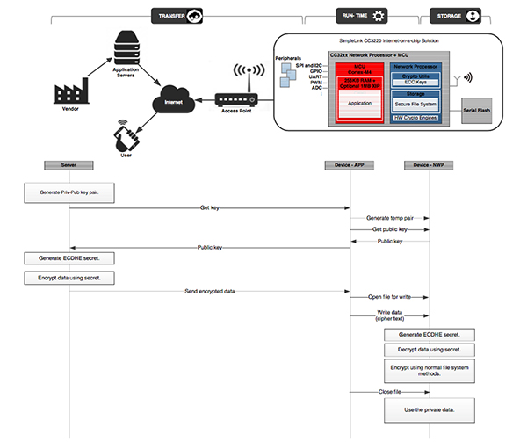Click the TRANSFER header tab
[178, 16]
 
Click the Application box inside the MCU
[358, 103]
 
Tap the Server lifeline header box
[69, 165]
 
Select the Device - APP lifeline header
[350, 165]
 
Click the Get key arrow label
[209, 208]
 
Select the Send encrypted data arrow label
[209, 290]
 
